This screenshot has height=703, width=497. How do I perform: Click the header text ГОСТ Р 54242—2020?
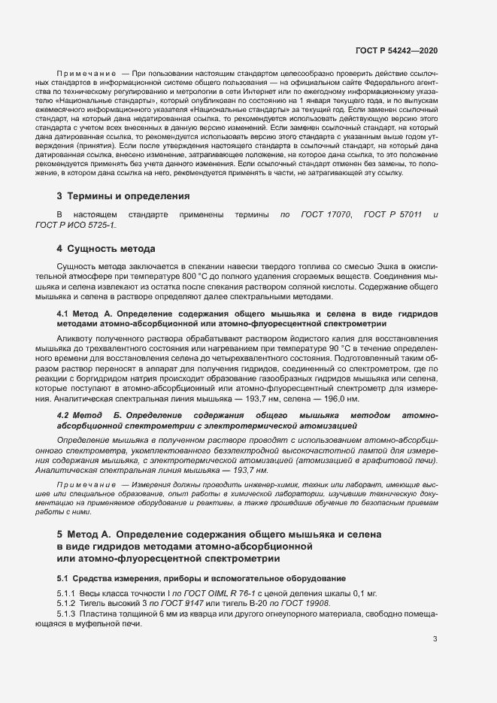396,50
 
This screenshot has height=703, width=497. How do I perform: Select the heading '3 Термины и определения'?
123,196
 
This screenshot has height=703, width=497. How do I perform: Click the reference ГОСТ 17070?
326,215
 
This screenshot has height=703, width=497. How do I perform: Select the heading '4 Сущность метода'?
106,247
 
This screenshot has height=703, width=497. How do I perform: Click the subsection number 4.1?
63,312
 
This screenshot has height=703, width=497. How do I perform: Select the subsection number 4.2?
63,415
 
